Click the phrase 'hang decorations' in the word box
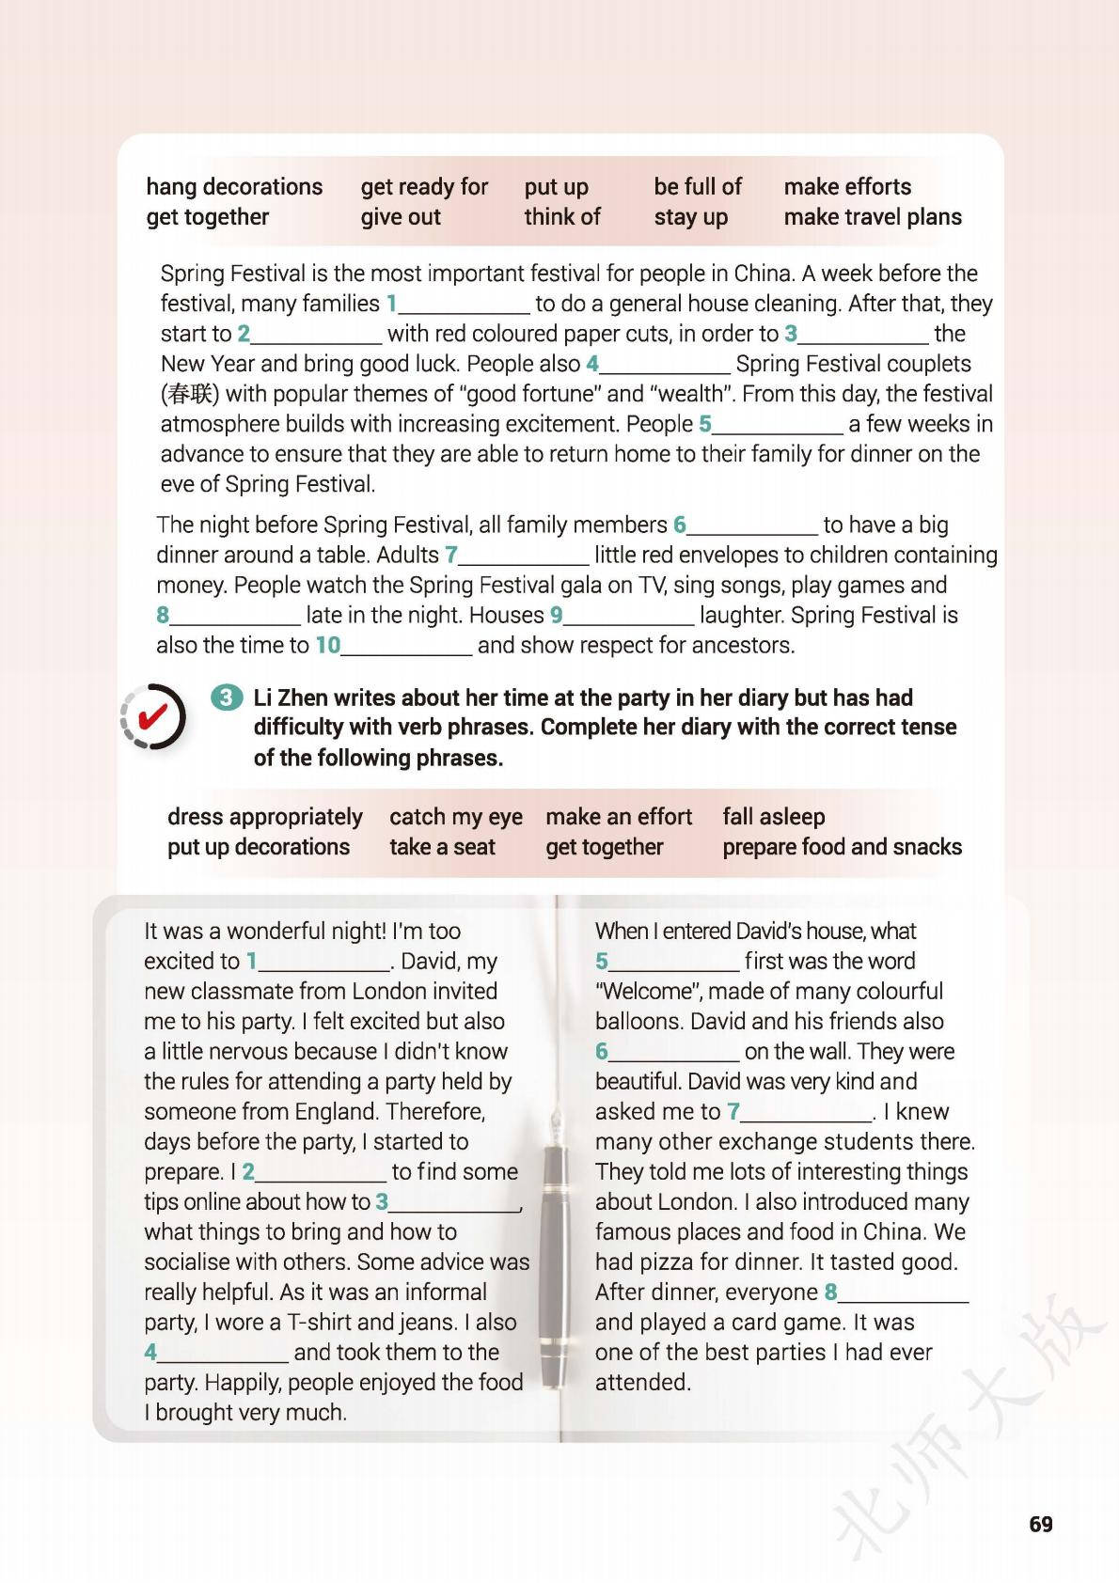[234, 186]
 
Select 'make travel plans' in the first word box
[873, 217]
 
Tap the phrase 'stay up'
[691, 217]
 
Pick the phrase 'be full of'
[698, 186]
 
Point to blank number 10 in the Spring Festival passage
[405, 647]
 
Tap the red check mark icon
[153, 716]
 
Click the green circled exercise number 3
[226, 698]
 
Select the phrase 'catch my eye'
[456, 817]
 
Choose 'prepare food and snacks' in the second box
[842, 847]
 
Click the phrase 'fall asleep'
[773, 817]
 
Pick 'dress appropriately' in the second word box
[264, 817]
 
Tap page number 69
[1041, 1524]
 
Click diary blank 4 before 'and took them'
[222, 1354]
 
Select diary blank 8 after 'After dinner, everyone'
[903, 1293]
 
